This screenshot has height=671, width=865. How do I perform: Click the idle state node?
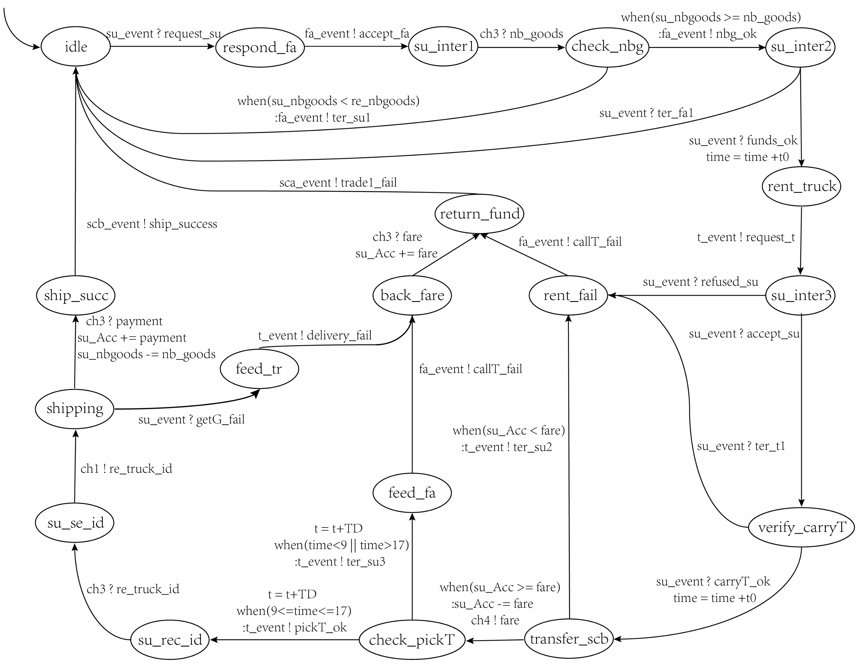click(x=76, y=47)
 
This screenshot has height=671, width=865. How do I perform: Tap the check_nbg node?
click(x=607, y=47)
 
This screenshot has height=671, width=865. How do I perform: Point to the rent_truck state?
click(x=801, y=186)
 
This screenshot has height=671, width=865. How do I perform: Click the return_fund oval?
click(x=480, y=214)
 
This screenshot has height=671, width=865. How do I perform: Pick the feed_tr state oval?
click(x=259, y=369)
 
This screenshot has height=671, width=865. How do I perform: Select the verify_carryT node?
click(x=802, y=527)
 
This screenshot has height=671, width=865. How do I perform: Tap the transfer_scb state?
click(x=569, y=639)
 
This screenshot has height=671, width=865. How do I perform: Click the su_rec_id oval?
click(x=170, y=640)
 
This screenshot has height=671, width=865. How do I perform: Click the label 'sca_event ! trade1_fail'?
click(x=338, y=183)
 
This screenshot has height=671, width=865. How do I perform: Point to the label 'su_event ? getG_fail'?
click(x=191, y=419)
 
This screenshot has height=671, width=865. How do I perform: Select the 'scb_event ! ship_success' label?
click(x=152, y=224)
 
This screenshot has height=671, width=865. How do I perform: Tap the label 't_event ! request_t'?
click(x=746, y=237)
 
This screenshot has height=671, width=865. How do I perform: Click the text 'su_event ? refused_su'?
click(x=700, y=282)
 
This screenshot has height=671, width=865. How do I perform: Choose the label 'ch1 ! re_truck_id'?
click(x=126, y=469)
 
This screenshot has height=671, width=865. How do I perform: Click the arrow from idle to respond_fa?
click(x=162, y=47)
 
